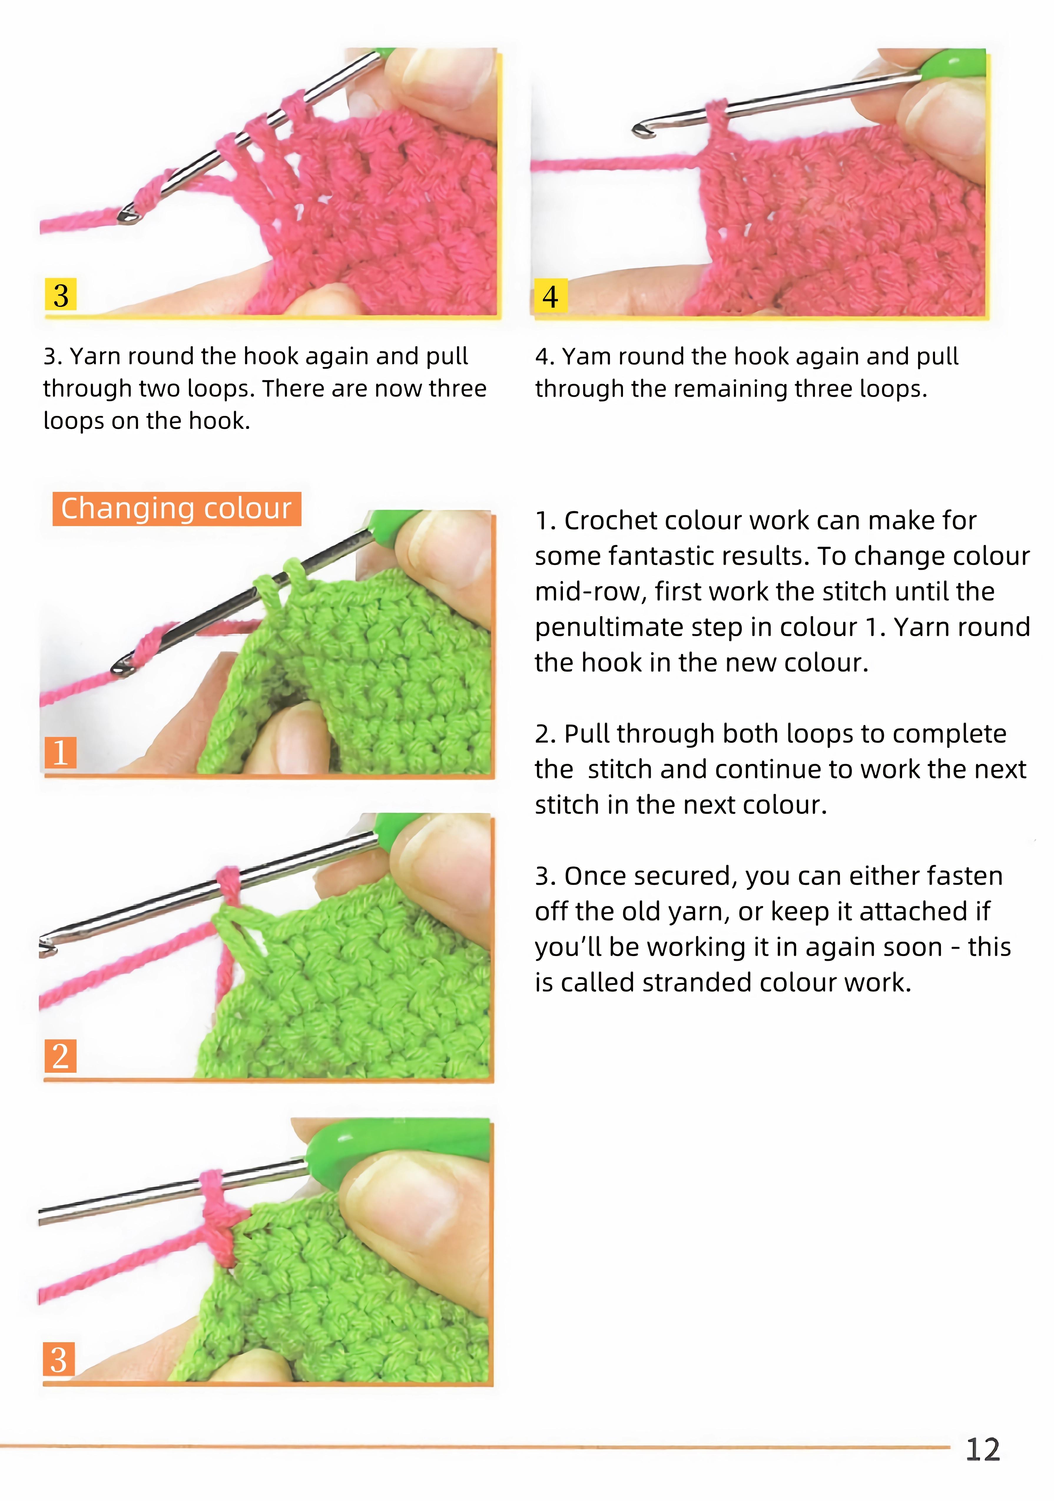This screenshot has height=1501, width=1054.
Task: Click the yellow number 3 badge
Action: [61, 295]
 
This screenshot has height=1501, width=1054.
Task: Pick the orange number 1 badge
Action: [60, 753]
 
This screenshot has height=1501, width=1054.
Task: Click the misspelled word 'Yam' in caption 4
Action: [587, 356]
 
